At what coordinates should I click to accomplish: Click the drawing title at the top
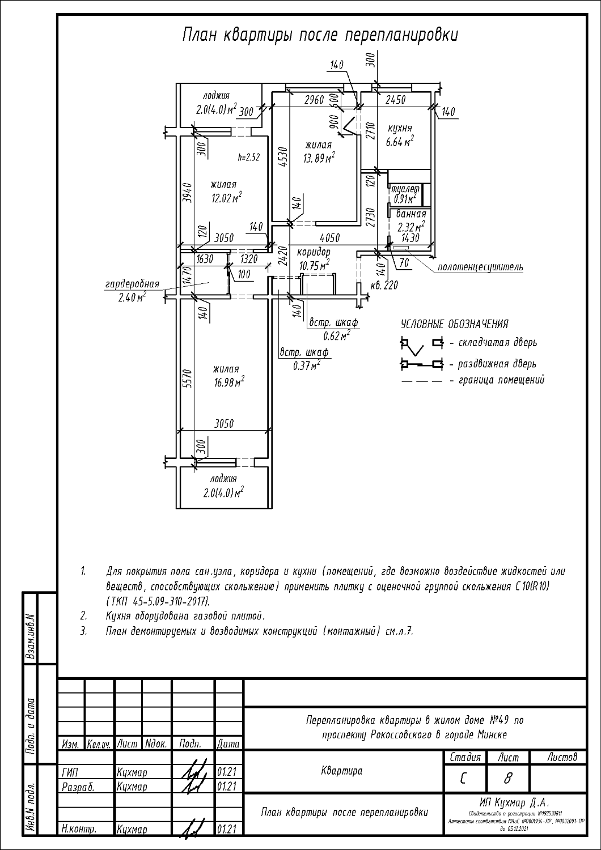[320, 35]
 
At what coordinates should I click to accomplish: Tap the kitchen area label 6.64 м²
[400, 142]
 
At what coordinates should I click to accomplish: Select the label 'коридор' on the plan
[314, 252]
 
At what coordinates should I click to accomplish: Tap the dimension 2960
[314, 100]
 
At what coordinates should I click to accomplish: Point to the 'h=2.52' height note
[248, 158]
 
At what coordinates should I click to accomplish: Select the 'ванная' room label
[410, 214]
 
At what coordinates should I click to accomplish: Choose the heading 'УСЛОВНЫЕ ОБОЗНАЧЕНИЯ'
[454, 324]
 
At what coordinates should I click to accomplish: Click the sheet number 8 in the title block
[507, 780]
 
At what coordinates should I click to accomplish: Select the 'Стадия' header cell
[465, 757]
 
